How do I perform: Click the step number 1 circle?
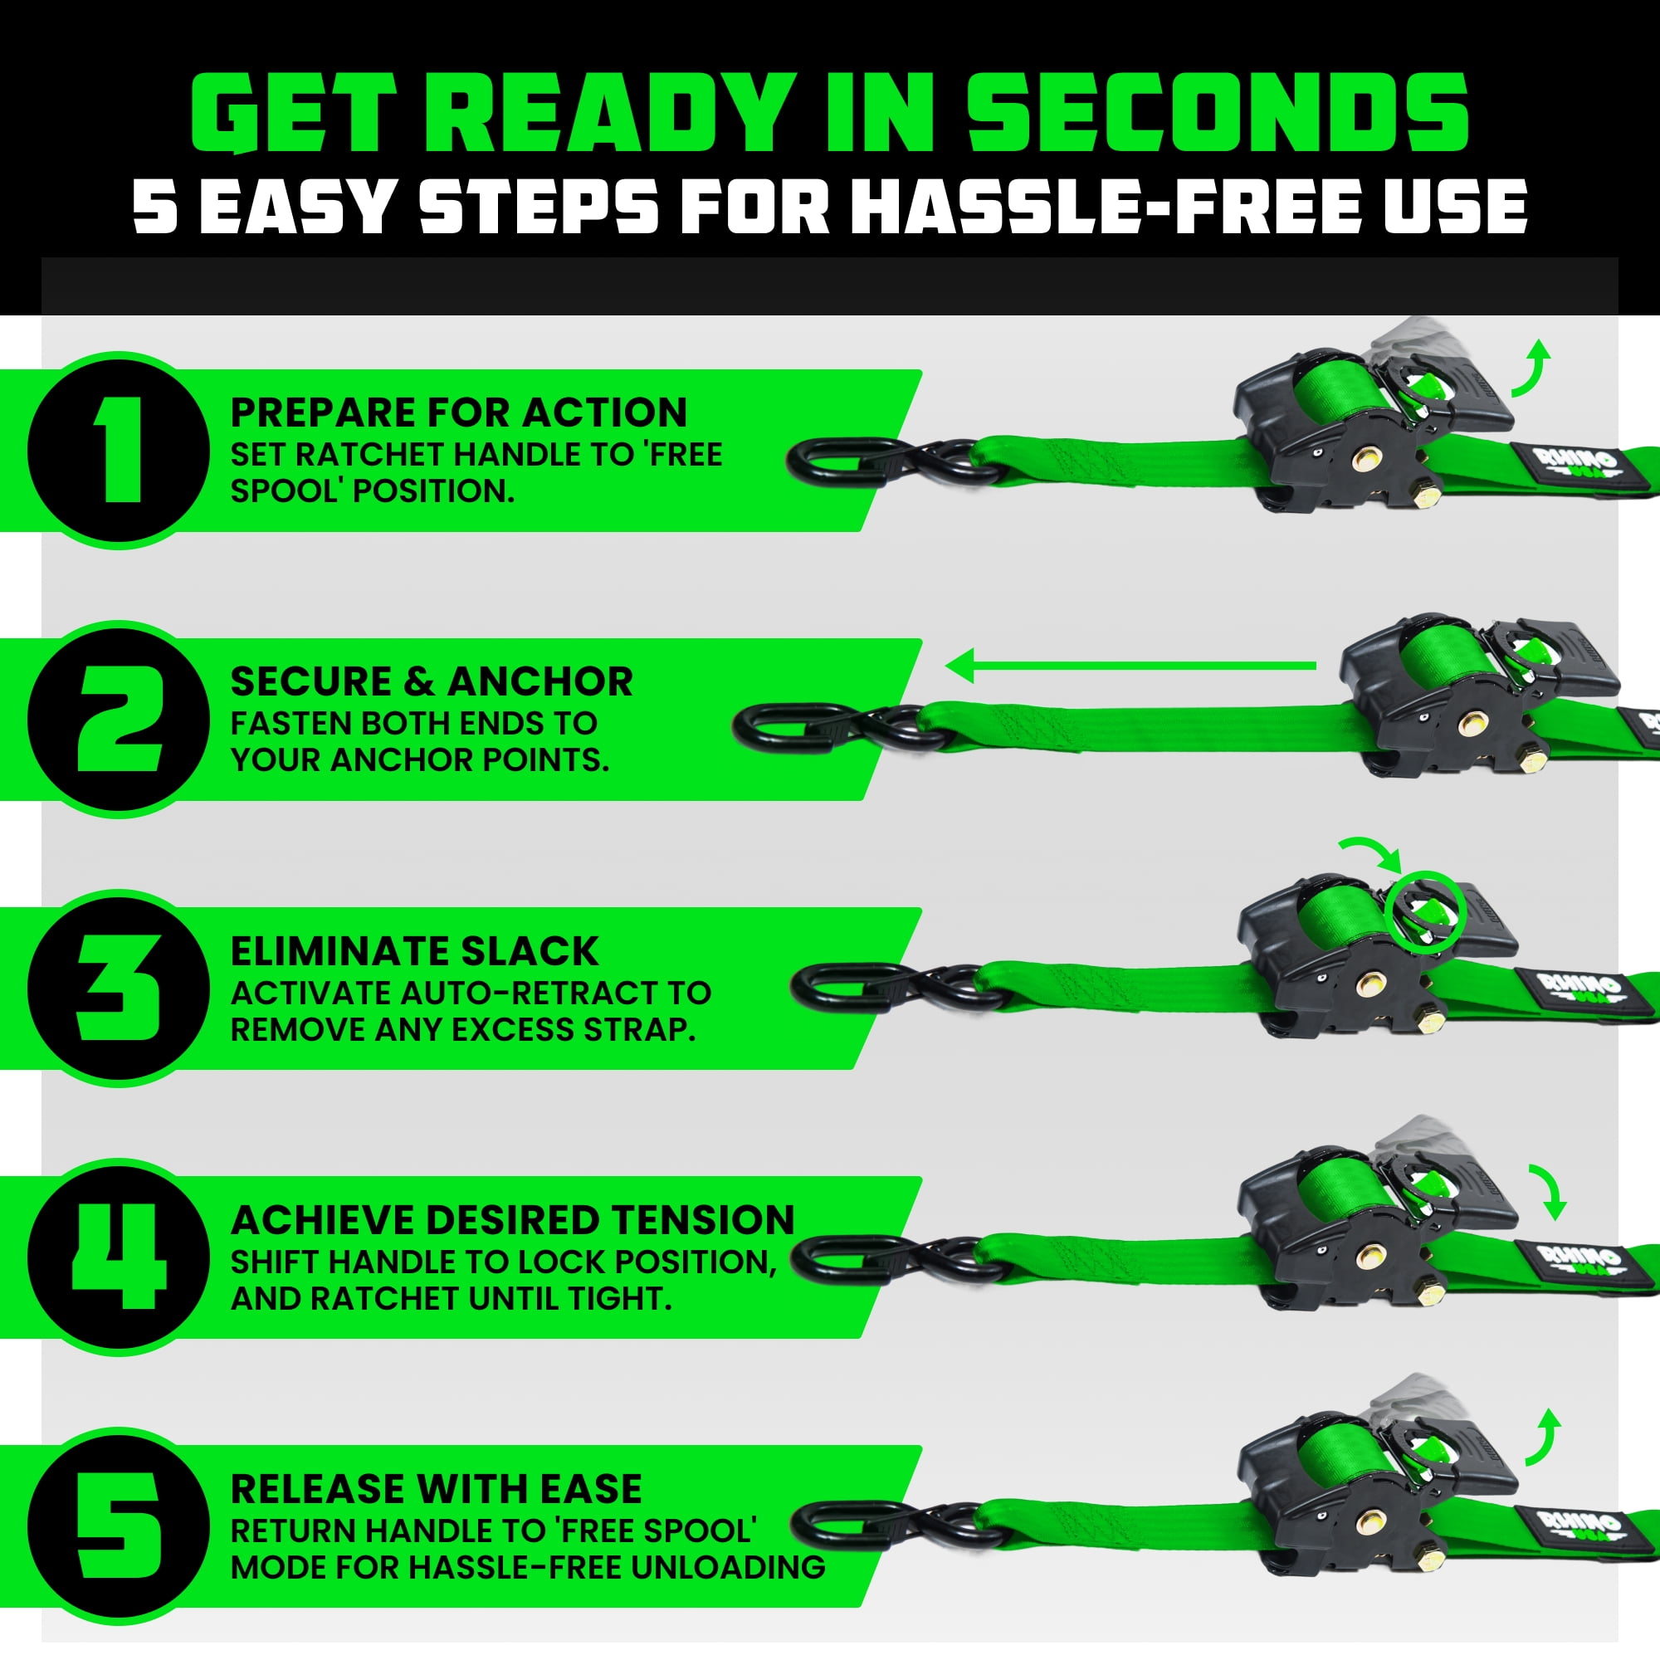pyautogui.click(x=119, y=450)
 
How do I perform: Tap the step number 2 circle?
pyautogui.click(x=119, y=719)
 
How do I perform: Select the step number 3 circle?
pyautogui.click(x=119, y=988)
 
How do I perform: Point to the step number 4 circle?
pyautogui.click(x=119, y=1257)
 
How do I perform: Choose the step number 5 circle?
pyautogui.click(x=119, y=1526)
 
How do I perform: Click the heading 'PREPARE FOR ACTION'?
pyautogui.click(x=459, y=413)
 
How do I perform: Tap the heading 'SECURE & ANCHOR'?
pyautogui.click(x=432, y=682)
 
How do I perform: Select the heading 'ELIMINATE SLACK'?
pyautogui.click(x=414, y=951)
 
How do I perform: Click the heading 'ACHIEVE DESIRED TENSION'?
pyautogui.click(x=513, y=1220)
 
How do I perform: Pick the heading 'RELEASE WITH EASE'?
pyautogui.click(x=436, y=1489)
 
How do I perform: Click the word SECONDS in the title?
pyautogui.click(x=1218, y=114)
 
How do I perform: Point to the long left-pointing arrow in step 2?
pyautogui.click(x=1130, y=666)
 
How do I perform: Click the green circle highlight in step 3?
pyautogui.click(x=1423, y=911)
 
